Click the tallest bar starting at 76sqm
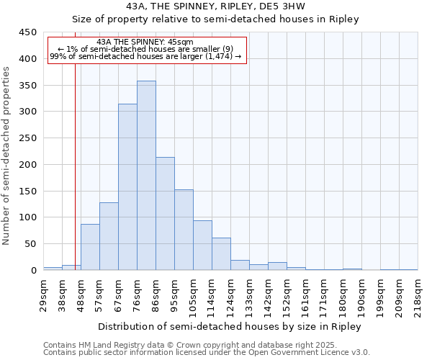click(x=146, y=176)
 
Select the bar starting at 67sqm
click(x=127, y=187)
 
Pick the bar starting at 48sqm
click(x=90, y=247)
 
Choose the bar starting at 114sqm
click(x=221, y=254)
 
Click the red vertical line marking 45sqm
click(x=75, y=166)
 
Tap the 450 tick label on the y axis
click(x=27, y=32)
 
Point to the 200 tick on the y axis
click(x=27, y=165)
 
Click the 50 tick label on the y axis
click(x=30, y=244)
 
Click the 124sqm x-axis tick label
click(x=230, y=294)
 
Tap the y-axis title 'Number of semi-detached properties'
click(x=7, y=156)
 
